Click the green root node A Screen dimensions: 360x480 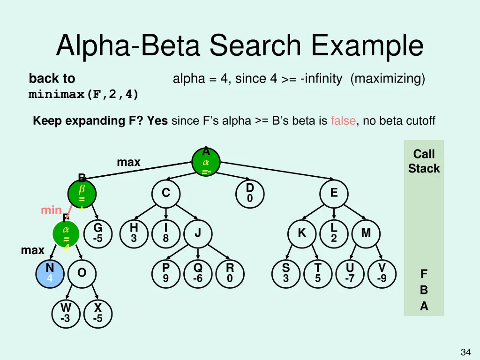206,162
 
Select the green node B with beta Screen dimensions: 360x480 82,193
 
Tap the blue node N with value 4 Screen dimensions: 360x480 50,273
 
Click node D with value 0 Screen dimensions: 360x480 250,193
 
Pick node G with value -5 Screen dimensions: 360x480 98,233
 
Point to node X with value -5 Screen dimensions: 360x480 98,313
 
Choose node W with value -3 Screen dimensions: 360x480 66,313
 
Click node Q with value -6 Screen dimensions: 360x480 198,273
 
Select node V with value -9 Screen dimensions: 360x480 382,273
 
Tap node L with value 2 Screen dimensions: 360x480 333,233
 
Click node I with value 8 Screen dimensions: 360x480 165,233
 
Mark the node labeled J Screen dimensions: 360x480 198,233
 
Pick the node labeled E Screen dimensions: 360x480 333,193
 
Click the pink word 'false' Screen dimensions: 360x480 343,121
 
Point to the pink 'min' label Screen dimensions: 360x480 51,210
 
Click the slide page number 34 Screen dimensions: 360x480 465,352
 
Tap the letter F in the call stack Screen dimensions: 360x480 424,273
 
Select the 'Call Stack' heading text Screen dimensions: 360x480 424,161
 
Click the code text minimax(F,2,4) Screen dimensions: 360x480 83,95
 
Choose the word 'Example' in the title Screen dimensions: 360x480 367,46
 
